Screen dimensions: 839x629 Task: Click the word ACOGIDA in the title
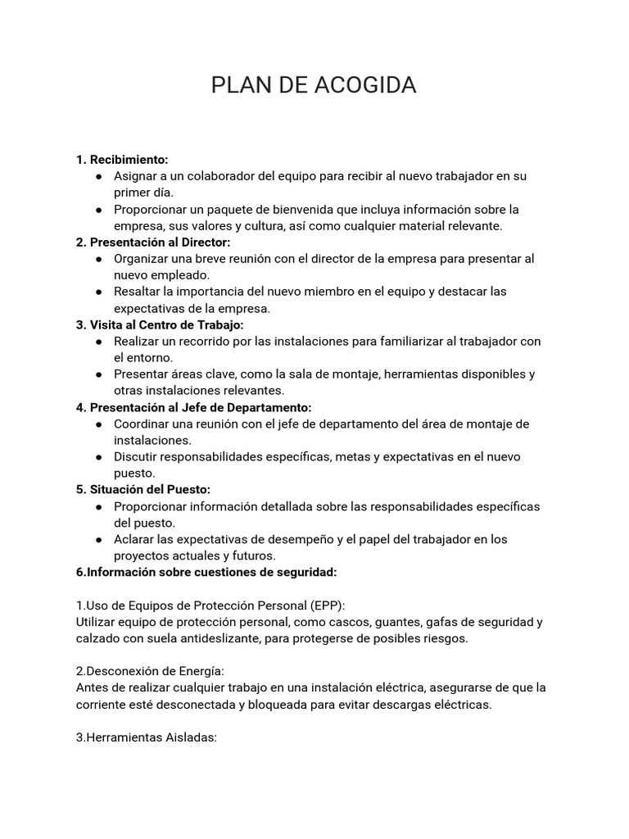(x=364, y=85)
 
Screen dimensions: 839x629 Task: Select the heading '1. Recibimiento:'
(x=122, y=159)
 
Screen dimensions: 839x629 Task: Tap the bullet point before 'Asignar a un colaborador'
(x=98, y=176)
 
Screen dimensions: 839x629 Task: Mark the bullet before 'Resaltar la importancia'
(x=98, y=292)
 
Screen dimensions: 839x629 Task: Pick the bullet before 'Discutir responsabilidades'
(x=98, y=456)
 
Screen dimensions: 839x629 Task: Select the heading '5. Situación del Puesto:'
(x=143, y=489)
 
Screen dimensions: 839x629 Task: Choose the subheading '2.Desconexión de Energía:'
(x=149, y=671)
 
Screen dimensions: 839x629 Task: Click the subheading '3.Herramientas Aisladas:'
(x=146, y=737)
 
